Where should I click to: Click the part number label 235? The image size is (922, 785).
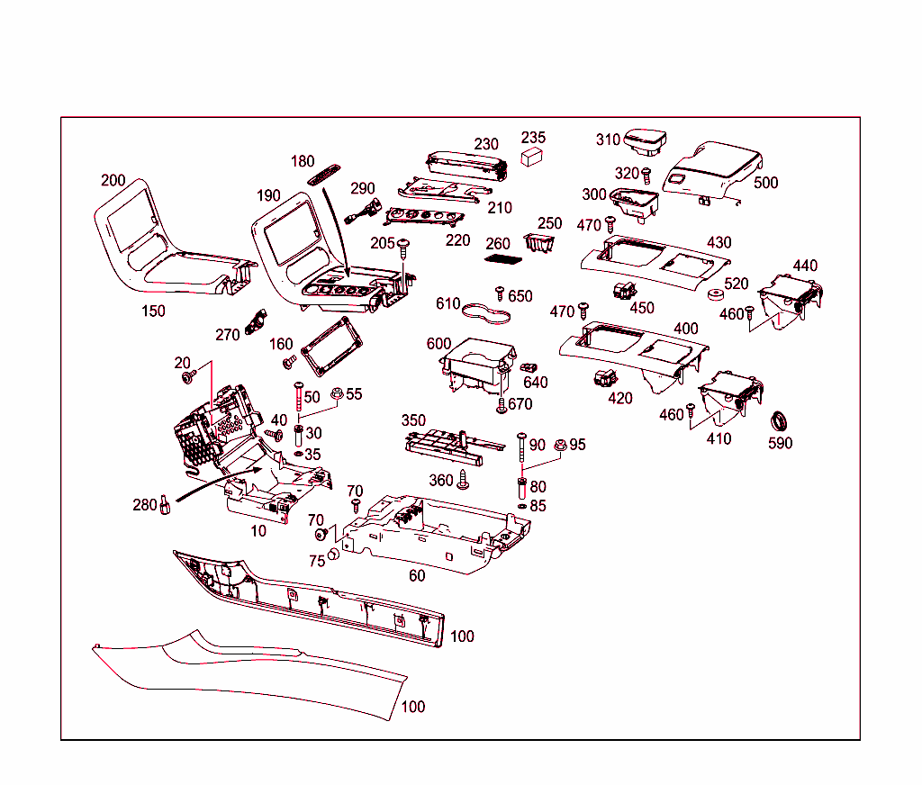click(534, 138)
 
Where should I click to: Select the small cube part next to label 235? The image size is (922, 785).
click(532, 157)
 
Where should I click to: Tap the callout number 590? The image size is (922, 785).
click(780, 443)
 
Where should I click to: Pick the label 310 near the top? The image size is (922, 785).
click(608, 140)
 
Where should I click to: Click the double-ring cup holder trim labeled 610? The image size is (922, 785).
click(486, 314)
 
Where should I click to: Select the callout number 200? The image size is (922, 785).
click(113, 180)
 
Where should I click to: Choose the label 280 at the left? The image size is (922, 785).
click(145, 505)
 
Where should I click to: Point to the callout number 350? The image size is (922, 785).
click(413, 420)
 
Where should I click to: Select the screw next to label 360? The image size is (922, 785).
click(465, 481)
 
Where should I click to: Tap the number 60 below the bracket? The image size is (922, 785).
click(417, 575)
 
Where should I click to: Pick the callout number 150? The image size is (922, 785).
click(153, 311)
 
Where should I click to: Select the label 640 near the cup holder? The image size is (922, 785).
click(535, 382)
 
